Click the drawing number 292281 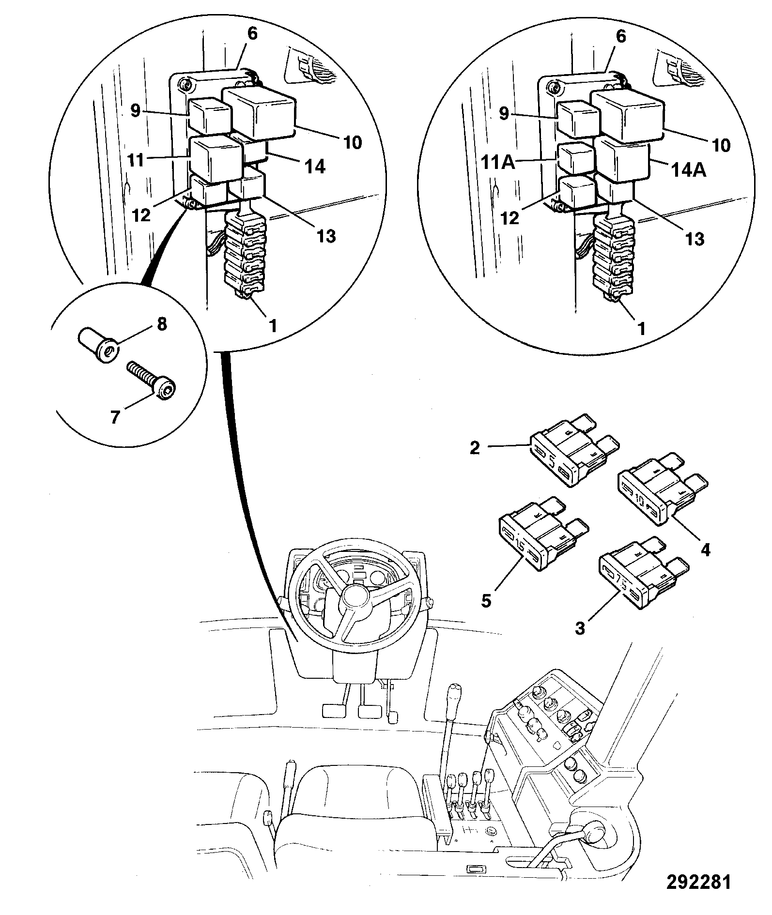coord(698,882)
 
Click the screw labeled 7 coord(151,379)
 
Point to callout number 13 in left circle coord(327,236)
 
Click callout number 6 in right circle coord(621,36)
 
